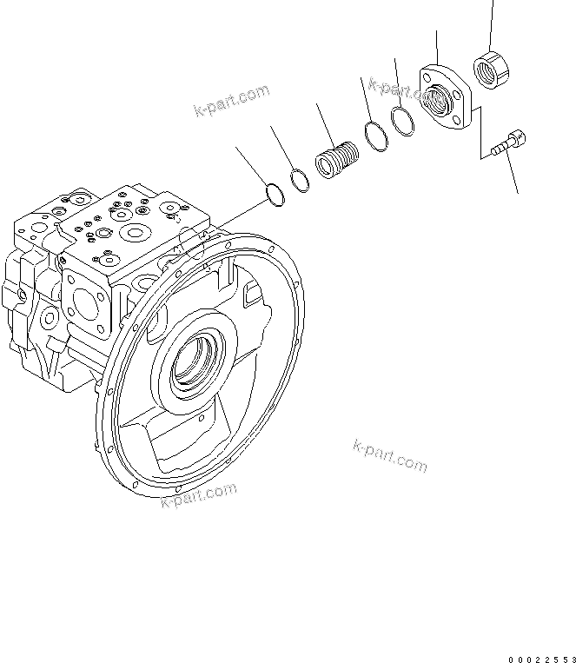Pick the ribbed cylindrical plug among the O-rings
[x=336, y=161]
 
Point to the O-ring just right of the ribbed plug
[x=374, y=136]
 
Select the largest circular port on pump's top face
[x=134, y=232]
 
